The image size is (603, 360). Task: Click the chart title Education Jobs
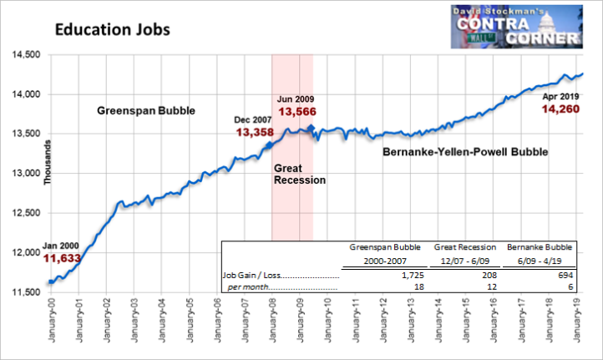click(112, 29)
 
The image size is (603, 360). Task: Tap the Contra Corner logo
click(516, 27)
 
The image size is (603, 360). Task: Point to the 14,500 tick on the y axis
click(26, 54)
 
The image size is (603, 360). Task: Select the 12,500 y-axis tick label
click(26, 213)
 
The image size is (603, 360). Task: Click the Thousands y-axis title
click(48, 162)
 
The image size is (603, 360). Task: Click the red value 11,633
click(62, 258)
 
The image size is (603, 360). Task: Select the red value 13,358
click(255, 132)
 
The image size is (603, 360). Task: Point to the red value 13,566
click(297, 112)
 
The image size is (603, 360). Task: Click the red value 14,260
click(560, 109)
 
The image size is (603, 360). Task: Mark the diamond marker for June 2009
click(311, 128)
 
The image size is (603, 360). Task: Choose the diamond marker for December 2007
click(270, 145)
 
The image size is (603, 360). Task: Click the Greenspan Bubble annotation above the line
click(146, 111)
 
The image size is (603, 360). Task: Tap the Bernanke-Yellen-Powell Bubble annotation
click(465, 152)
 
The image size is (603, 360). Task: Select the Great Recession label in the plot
click(300, 175)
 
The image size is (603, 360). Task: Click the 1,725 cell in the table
click(413, 276)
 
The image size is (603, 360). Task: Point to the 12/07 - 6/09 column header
click(465, 261)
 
